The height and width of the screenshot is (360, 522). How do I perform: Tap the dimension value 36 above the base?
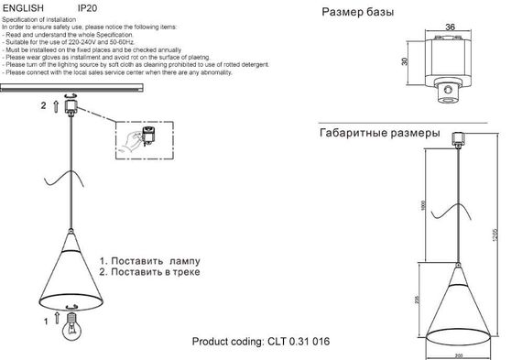450,26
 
